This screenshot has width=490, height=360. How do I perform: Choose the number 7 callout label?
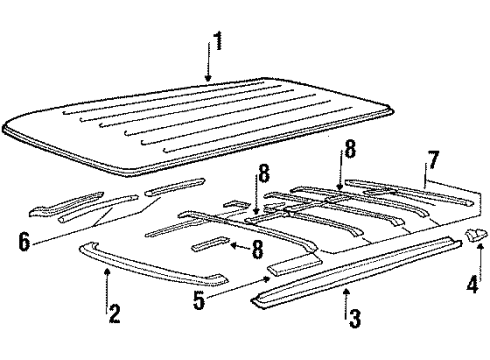432,159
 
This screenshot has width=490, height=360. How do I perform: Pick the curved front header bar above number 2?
150,270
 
